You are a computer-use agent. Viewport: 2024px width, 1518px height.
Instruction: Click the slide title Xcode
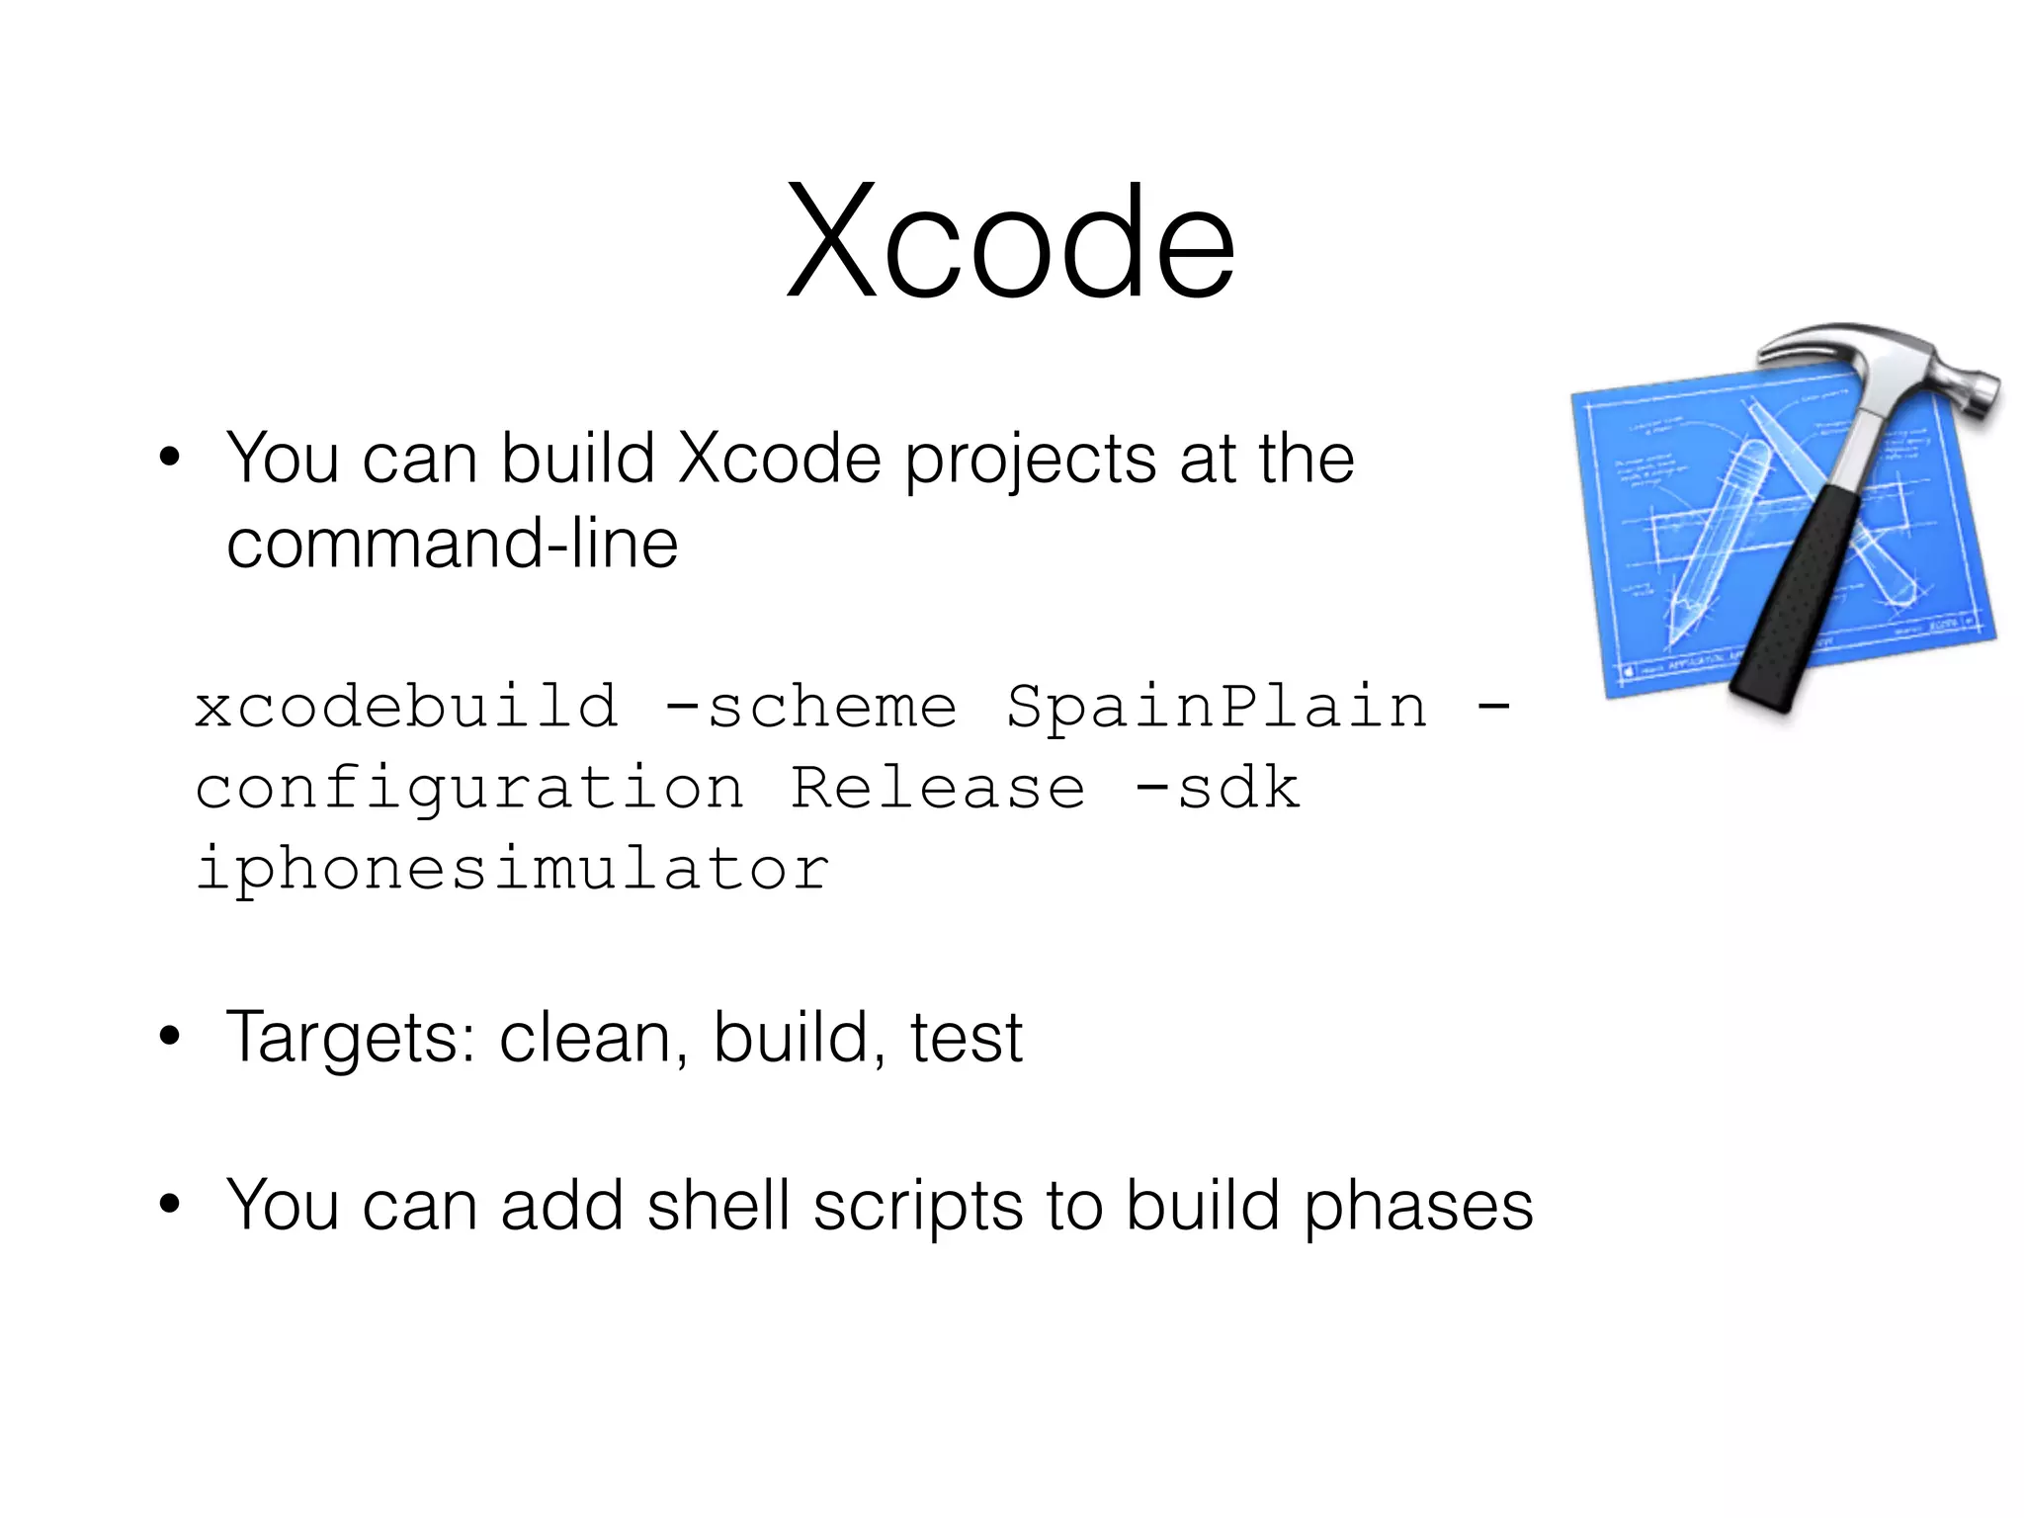click(x=1010, y=242)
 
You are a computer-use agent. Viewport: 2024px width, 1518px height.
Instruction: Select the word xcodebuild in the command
click(x=406, y=707)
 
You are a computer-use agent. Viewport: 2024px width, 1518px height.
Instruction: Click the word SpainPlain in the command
click(x=1217, y=707)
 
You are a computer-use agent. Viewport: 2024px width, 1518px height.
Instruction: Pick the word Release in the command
click(x=937, y=788)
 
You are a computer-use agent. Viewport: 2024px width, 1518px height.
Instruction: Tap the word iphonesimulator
click(x=512, y=869)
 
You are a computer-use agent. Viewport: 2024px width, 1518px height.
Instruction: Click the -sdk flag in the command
click(x=1217, y=788)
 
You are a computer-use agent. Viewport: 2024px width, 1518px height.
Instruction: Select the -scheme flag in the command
click(x=810, y=707)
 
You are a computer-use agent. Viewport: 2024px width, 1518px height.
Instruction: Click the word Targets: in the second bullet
click(x=351, y=1038)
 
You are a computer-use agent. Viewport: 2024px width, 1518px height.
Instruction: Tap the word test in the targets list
click(x=966, y=1038)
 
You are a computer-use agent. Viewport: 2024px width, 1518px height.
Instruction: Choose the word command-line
click(x=452, y=544)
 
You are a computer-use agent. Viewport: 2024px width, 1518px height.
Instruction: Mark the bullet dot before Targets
click(x=170, y=1037)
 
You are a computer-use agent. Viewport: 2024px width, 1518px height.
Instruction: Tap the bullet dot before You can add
click(x=170, y=1205)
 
